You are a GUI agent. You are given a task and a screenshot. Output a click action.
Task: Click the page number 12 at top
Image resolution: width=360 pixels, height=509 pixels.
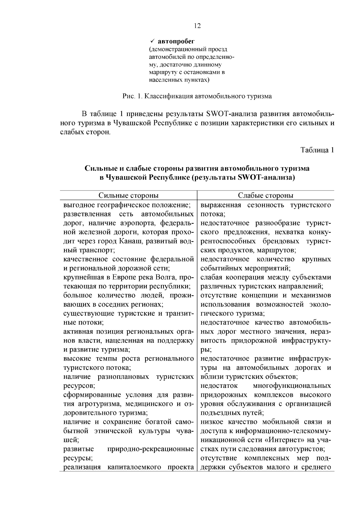197,26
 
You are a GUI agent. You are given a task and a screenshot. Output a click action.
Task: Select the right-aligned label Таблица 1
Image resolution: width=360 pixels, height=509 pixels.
317,150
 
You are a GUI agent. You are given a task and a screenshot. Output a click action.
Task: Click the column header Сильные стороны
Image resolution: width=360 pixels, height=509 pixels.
128,196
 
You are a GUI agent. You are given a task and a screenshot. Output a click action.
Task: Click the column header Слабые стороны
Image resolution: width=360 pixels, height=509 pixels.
265,196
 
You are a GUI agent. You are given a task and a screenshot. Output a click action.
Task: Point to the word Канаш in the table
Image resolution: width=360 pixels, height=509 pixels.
130,241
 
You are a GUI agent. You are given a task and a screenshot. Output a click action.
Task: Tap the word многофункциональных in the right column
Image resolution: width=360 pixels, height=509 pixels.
292,386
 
